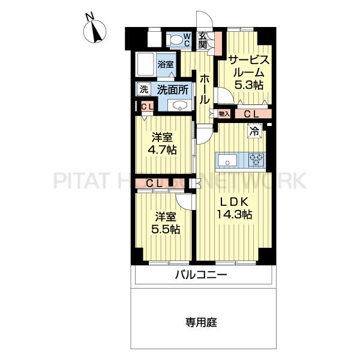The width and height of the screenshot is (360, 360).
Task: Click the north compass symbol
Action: coord(95,31)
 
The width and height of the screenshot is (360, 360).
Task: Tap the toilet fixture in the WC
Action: coord(174,39)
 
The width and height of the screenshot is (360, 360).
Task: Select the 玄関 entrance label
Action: coord(203,40)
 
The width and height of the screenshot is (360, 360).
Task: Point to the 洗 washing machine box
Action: coord(144,89)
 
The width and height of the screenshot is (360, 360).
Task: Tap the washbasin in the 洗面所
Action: coord(180,106)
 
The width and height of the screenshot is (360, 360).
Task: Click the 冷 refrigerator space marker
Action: coord(254,131)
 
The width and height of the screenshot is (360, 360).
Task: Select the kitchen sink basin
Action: coord(227,161)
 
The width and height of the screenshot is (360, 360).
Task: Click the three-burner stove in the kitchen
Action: coord(257,160)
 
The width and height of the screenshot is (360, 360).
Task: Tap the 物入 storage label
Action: coord(224,113)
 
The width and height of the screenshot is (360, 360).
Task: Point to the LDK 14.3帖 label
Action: coord(235,208)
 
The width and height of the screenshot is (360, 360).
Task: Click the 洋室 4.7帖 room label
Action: coord(162,144)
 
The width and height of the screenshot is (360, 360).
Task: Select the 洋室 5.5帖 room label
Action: coord(166,223)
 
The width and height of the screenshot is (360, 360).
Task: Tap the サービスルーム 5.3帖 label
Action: coord(248,73)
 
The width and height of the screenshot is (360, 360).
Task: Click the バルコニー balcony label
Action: coord(201,275)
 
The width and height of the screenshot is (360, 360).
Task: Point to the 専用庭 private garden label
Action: coord(201,322)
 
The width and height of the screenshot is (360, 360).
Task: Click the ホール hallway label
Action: coord(205,89)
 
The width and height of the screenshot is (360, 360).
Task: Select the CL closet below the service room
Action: coord(253,113)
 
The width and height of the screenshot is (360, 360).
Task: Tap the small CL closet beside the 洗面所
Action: coord(147,107)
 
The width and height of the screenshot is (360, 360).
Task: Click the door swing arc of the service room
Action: coord(228,92)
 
